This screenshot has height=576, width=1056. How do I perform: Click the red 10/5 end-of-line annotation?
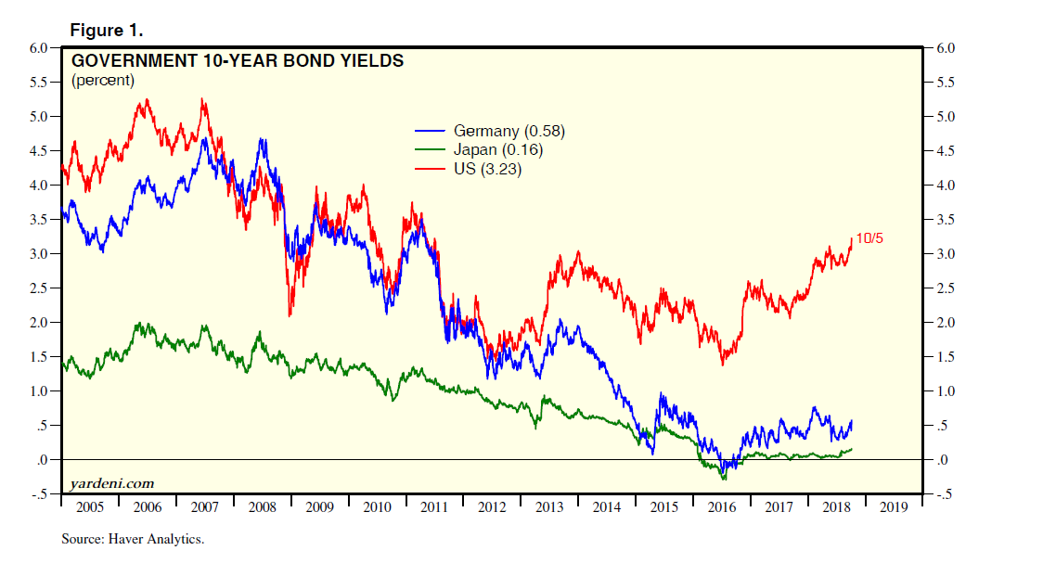(x=869, y=238)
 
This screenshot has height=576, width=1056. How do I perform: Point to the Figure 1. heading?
(x=107, y=31)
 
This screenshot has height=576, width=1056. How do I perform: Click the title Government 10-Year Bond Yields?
(x=238, y=62)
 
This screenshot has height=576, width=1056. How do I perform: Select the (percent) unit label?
(x=103, y=81)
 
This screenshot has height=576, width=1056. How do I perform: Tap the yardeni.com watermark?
(x=112, y=484)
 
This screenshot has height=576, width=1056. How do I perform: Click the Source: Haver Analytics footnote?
(x=133, y=539)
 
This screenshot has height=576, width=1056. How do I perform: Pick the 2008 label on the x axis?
(x=263, y=508)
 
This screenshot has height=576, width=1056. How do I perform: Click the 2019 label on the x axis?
(x=894, y=508)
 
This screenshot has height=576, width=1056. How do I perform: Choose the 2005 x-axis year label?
(x=90, y=508)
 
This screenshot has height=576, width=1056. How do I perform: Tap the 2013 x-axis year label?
(x=549, y=508)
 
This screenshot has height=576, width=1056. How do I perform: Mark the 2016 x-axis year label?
(x=721, y=508)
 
